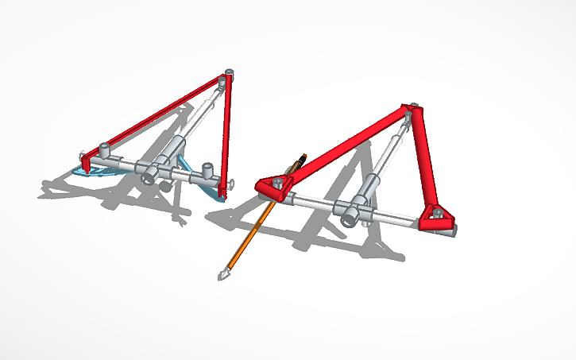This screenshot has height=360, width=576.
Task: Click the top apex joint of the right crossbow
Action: tap(410, 110)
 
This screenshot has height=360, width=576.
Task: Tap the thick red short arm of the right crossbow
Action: tap(423, 159)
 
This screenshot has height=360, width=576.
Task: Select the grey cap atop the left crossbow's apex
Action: tap(230, 73)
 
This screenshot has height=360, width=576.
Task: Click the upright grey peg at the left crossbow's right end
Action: tap(207, 170)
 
